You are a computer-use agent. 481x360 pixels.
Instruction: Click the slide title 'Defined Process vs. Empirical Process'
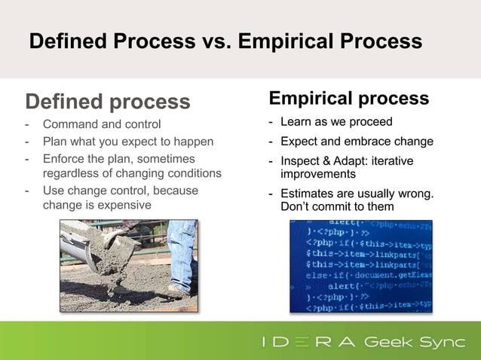(x=225, y=41)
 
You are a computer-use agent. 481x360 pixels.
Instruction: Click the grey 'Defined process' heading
(x=108, y=101)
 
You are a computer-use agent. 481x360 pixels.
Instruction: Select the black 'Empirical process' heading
(x=349, y=99)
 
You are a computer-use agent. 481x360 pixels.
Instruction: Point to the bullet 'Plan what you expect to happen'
(x=127, y=142)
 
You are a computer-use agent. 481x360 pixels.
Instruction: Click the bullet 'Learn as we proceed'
(x=336, y=122)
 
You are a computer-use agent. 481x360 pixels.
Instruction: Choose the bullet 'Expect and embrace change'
(x=357, y=142)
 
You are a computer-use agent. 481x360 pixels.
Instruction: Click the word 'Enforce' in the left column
(x=63, y=159)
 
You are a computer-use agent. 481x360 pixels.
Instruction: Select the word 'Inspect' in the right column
(x=300, y=161)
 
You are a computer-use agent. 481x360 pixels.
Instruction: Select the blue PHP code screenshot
(x=361, y=266)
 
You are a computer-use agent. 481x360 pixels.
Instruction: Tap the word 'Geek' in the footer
(x=390, y=343)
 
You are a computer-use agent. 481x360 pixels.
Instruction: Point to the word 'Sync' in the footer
(x=443, y=343)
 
